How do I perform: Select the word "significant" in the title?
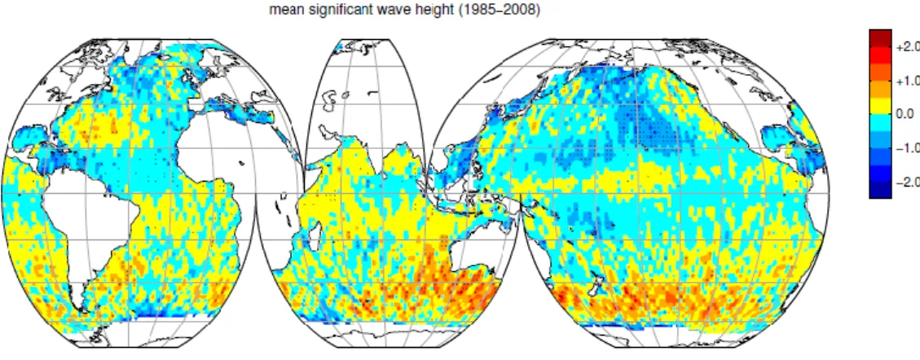point(324,10)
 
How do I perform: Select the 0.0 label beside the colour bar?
point(905,114)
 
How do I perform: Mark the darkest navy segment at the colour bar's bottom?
point(880,190)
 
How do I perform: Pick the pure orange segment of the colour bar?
point(880,89)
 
